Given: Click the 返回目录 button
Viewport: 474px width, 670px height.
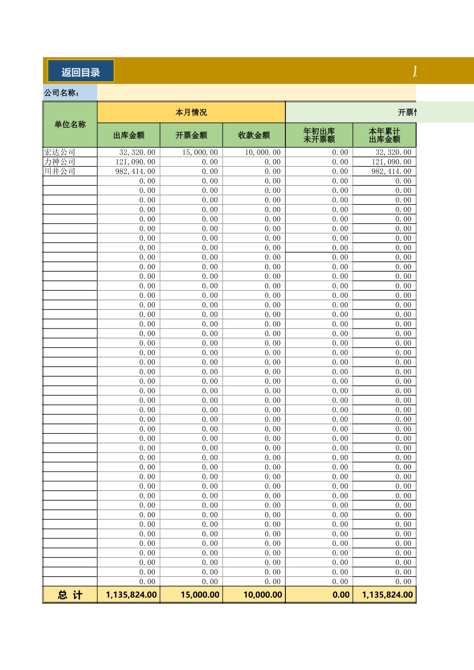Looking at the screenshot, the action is pyautogui.click(x=81, y=71).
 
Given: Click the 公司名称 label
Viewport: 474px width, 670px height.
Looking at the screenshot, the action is pyautogui.click(x=62, y=93).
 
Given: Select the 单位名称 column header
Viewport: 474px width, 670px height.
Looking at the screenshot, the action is pyautogui.click(x=70, y=124).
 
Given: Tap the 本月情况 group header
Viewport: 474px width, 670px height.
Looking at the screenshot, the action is pyautogui.click(x=191, y=112).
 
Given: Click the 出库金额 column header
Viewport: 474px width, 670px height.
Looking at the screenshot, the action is pyautogui.click(x=129, y=135).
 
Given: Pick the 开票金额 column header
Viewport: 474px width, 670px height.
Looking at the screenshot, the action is pyautogui.click(x=191, y=135).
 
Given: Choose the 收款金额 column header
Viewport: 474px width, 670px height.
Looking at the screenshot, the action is pyautogui.click(x=254, y=135).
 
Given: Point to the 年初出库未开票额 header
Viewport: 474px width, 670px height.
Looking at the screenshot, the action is pyautogui.click(x=319, y=135).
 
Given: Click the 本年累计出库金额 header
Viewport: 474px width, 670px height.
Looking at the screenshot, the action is pyautogui.click(x=384, y=135).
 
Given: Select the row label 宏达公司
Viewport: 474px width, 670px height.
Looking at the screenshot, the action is pyautogui.click(x=60, y=153).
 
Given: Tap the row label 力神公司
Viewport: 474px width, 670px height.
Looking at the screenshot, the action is pyautogui.click(x=60, y=162).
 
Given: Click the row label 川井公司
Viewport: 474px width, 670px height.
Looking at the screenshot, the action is pyautogui.click(x=60, y=171).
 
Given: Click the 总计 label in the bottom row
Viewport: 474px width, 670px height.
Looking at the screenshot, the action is pyautogui.click(x=70, y=595).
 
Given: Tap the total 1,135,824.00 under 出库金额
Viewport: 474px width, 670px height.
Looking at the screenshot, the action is pyautogui.click(x=131, y=595).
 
